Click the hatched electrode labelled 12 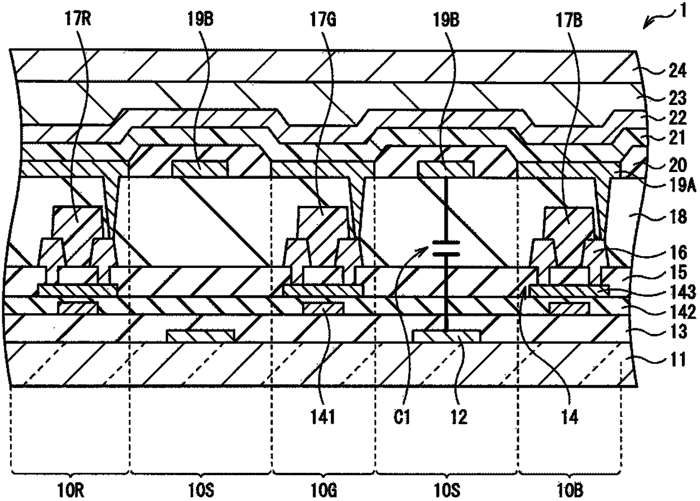coord(447,336)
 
